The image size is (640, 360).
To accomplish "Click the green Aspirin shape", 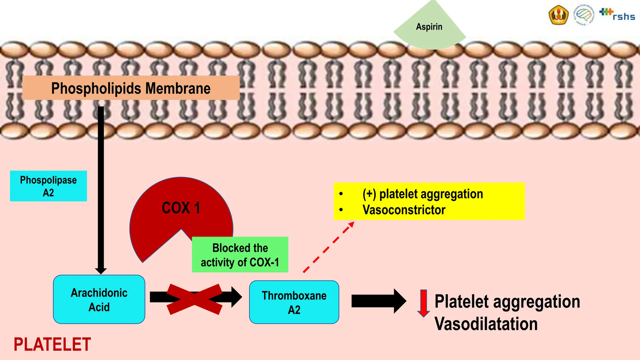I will [x=429, y=28].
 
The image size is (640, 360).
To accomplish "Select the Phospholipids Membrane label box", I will [x=131, y=88].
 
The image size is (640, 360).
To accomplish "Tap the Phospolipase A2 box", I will [x=48, y=186].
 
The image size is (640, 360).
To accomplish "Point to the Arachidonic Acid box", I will [x=99, y=300].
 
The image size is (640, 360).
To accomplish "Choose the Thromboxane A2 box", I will [x=294, y=302].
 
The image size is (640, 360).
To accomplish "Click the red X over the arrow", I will [x=194, y=299].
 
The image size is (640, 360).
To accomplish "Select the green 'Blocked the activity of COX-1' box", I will [x=240, y=255].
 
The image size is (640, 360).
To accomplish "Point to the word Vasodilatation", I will [x=486, y=324].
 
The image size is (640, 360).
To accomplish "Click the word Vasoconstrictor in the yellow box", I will [x=404, y=210].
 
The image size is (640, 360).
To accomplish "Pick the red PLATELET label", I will [x=52, y=344].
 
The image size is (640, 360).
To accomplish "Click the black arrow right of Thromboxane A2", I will [x=378, y=301].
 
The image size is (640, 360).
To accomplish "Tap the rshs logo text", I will [x=623, y=16].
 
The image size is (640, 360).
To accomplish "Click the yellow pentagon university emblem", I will [x=558, y=15].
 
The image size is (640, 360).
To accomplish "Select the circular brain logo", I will [x=583, y=15].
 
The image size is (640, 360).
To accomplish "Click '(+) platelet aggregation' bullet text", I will [x=422, y=194].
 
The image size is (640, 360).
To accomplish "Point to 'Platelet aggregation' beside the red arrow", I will [x=507, y=302].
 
